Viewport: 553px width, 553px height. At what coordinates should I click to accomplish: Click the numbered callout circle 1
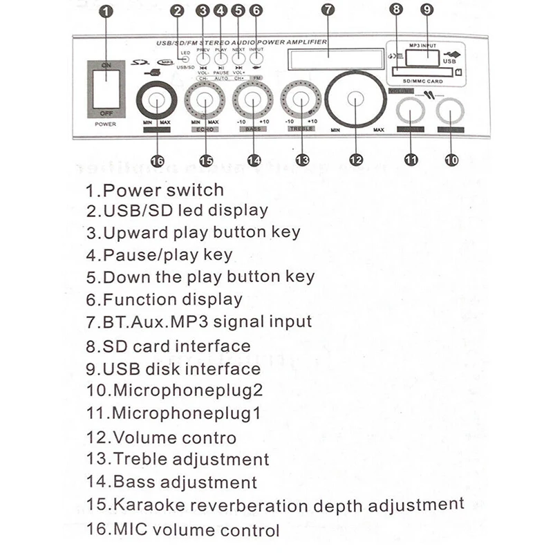105,11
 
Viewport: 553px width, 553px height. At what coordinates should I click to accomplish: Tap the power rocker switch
106,87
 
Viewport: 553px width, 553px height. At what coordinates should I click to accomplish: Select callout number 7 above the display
328,10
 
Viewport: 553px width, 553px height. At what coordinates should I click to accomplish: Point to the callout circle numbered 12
355,160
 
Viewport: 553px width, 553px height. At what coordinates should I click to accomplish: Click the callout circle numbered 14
254,160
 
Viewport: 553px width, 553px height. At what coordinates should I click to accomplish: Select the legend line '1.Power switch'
155,190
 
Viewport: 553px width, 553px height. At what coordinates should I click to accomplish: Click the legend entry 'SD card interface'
168,346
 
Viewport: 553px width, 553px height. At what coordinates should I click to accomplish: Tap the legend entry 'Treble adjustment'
178,458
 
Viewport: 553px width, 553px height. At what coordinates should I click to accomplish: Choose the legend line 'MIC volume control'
183,530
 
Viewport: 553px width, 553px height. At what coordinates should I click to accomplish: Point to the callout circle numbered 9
427,10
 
